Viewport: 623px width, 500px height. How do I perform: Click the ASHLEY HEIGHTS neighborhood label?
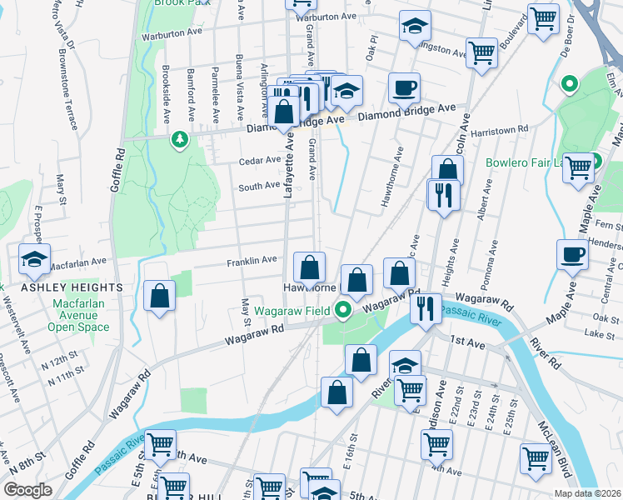click(x=72, y=287)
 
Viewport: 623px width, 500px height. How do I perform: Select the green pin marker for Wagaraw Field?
click(x=343, y=311)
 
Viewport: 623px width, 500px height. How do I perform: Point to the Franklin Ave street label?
click(x=252, y=260)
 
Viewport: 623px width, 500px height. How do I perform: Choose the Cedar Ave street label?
click(x=259, y=160)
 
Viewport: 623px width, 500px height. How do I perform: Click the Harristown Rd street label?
click(x=500, y=130)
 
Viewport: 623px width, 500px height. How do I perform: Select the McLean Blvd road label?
click(x=559, y=450)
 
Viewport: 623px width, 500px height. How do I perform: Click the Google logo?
click(x=28, y=489)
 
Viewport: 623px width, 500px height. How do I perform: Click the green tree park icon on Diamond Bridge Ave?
click(x=179, y=139)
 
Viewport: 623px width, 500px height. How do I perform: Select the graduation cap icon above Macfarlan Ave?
click(x=35, y=259)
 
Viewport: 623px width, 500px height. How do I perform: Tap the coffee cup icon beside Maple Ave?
click(x=573, y=254)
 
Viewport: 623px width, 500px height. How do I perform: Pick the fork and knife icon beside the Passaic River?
click(x=426, y=307)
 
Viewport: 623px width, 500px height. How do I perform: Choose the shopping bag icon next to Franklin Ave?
click(x=309, y=268)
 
